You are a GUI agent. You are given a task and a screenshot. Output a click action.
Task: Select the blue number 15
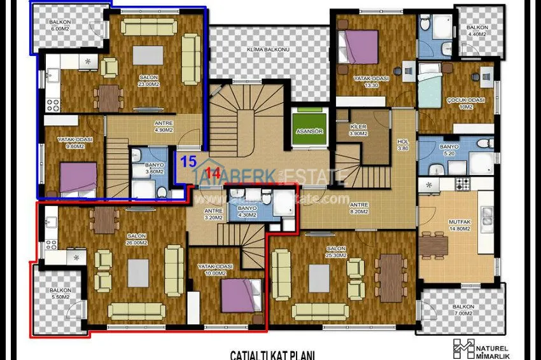(x=188, y=161)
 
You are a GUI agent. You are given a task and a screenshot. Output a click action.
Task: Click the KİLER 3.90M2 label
(x=358, y=130)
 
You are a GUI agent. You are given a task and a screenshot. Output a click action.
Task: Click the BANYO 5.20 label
(x=449, y=150)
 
